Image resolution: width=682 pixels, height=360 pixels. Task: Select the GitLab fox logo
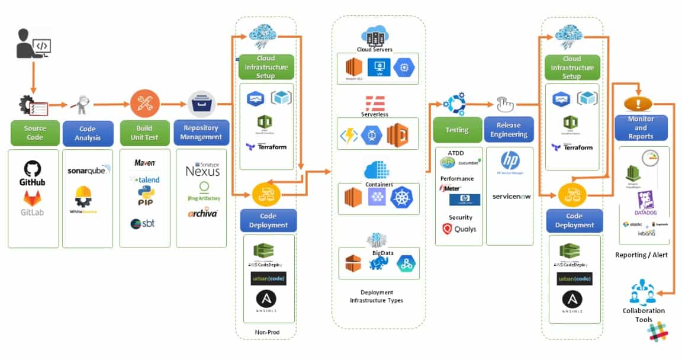[x=32, y=202]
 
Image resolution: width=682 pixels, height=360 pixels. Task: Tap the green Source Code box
[x=34, y=133]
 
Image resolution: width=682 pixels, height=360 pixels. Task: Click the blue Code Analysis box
[x=87, y=133]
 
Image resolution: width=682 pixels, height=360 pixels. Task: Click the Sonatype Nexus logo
[x=202, y=169]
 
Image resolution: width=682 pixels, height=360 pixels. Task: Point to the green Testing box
[x=456, y=130]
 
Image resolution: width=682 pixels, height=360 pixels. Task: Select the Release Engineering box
[x=509, y=130]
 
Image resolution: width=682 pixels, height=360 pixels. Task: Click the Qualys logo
[x=459, y=229]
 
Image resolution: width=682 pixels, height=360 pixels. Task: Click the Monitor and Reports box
[x=641, y=127]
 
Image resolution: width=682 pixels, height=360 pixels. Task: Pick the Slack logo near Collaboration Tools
[x=658, y=335]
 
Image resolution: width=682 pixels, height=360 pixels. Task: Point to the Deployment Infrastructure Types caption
[x=377, y=296]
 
